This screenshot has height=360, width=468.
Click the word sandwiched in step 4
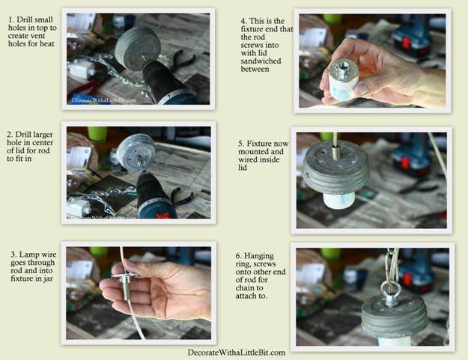tap(261, 61)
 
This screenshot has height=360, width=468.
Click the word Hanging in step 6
tap(259, 256)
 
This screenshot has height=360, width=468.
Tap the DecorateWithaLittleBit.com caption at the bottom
tap(236, 353)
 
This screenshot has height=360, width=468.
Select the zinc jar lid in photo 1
tap(138, 49)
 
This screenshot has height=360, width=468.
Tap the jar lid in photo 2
tap(136, 152)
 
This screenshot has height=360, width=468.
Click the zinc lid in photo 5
tap(336, 167)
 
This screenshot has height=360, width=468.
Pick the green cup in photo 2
tap(97, 134)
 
